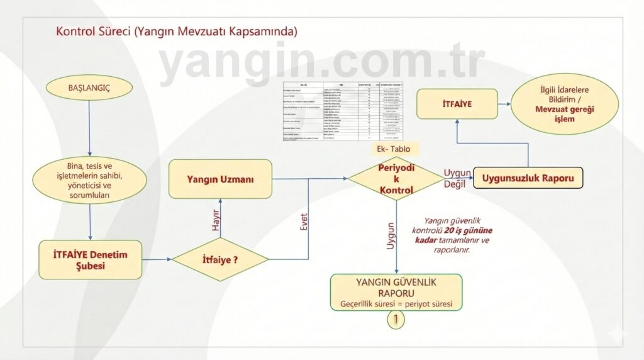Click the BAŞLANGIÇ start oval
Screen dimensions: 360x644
tap(89, 87)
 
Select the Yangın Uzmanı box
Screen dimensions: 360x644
tap(220, 179)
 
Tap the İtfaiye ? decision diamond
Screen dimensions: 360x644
tap(220, 259)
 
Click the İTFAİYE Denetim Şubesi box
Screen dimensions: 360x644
tap(89, 259)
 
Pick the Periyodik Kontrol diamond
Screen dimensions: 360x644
tap(396, 179)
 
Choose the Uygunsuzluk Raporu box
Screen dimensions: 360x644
tap(528, 178)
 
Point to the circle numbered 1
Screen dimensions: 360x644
tap(396, 320)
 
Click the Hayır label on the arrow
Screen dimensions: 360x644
tap(215, 220)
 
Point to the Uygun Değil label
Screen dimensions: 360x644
tap(457, 179)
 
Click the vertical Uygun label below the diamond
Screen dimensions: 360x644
tap(390, 237)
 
